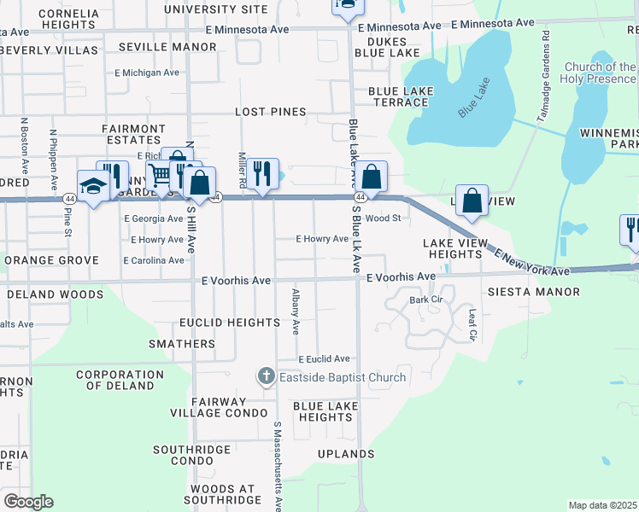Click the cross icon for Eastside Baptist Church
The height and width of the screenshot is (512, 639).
coord(267,376)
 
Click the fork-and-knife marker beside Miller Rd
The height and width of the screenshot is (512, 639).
coord(262,173)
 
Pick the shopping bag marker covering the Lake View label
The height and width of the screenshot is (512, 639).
coord(472,201)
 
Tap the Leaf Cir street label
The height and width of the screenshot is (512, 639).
coord(472,323)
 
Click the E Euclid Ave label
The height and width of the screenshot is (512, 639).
coord(324,359)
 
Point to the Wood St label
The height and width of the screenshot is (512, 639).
coord(383,218)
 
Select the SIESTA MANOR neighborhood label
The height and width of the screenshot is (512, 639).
coord(546,292)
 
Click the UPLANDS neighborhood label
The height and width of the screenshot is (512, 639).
coord(346,454)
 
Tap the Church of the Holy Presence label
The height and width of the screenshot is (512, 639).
coord(599,73)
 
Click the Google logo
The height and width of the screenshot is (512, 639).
coord(28,502)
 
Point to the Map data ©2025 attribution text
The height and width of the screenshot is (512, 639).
coord(602,505)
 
